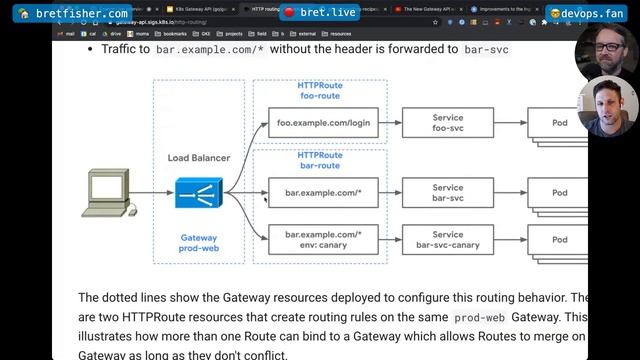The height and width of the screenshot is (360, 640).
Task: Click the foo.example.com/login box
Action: pyautogui.click(x=323, y=123)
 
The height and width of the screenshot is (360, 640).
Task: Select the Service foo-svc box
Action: pyautogui.click(x=447, y=123)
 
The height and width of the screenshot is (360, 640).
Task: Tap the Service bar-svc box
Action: pyautogui.click(x=447, y=193)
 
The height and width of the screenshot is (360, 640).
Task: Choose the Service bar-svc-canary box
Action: pyautogui.click(x=447, y=240)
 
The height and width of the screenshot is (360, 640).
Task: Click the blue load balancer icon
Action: pyautogui.click(x=198, y=193)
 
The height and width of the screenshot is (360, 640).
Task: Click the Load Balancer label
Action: pyautogui.click(x=198, y=158)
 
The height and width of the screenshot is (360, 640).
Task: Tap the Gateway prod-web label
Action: pyautogui.click(x=198, y=243)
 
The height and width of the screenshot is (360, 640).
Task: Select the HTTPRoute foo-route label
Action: pyautogui.click(x=320, y=91)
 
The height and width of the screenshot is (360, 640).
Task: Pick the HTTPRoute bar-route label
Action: pyautogui.click(x=320, y=160)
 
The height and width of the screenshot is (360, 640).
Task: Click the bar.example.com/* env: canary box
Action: pyautogui.click(x=323, y=240)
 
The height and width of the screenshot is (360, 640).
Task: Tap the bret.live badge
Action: pyautogui.click(x=319, y=13)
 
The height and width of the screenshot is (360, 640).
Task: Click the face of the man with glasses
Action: pyautogui.click(x=607, y=46)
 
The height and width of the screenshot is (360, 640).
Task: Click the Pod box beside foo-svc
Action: pyautogui.click(x=559, y=123)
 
